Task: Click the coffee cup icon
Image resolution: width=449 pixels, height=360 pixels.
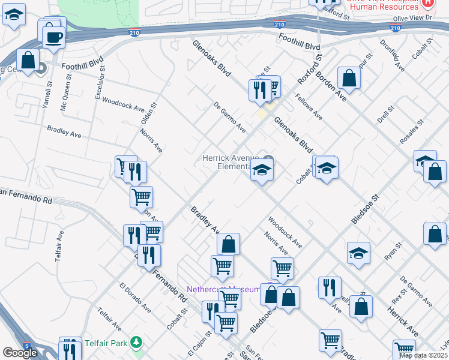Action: pyautogui.click(x=53, y=37)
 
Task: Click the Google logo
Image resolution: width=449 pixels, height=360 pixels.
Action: pyautogui.click(x=20, y=353)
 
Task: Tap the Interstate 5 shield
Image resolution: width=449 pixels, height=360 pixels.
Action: pyautogui.click(x=27, y=346)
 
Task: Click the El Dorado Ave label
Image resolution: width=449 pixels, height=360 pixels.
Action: pyautogui.click(x=134, y=298)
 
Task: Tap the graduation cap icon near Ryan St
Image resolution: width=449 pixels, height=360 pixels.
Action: pyautogui.click(x=358, y=253)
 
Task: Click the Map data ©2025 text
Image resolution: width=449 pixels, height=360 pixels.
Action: pyautogui.click(x=423, y=355)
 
